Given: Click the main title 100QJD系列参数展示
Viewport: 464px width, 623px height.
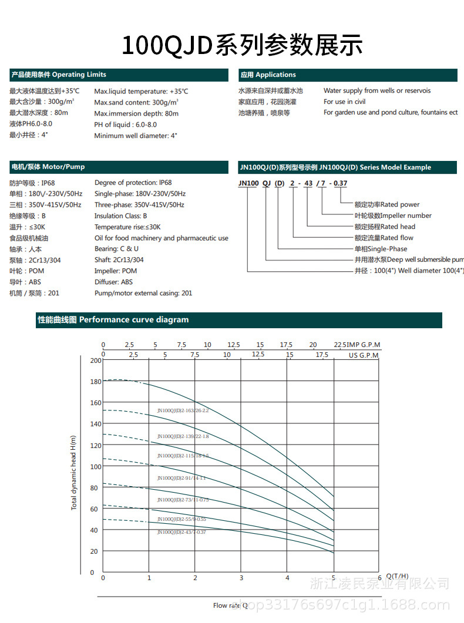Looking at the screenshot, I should point(241,45).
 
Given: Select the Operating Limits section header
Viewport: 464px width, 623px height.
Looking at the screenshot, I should point(58,75).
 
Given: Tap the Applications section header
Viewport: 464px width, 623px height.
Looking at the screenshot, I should point(268,75).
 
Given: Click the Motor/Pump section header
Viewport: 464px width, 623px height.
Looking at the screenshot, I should point(48,167).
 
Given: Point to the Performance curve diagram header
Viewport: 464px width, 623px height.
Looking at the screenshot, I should point(113,320).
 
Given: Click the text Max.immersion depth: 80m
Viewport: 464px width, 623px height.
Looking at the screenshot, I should point(136,113).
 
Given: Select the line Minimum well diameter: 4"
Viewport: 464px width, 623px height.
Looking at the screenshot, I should point(136,136).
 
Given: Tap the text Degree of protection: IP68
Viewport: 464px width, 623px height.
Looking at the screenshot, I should point(133,183).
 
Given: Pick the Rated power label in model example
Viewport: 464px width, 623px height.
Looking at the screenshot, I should point(387,204).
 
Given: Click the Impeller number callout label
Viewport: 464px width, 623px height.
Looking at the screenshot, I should point(393,215).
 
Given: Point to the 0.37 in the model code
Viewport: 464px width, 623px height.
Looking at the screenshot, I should point(340,184).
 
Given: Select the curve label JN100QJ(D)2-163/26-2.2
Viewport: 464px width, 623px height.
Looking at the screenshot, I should point(183,410).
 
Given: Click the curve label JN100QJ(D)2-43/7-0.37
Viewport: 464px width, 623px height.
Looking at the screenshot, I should point(181,532).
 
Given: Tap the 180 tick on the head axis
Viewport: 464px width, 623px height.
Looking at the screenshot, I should point(96,381).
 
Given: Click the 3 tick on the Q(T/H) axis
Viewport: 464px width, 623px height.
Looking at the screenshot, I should point(241,578).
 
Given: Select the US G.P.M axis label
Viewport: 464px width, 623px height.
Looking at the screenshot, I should point(364,355).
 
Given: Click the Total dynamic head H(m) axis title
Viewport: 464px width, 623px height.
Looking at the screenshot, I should point(74,472).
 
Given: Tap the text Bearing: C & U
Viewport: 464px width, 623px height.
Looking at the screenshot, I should point(116,249).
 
